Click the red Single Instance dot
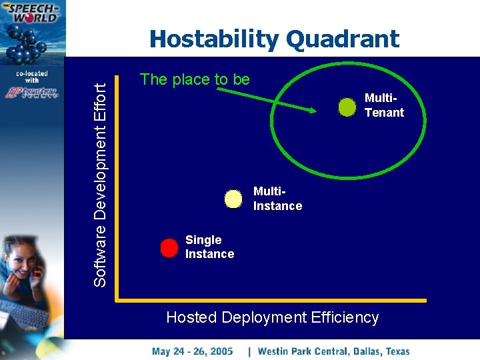(170, 247)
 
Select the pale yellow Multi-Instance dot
(233, 199)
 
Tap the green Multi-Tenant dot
(347, 107)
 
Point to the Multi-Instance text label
(277, 199)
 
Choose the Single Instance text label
(209, 247)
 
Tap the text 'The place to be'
(195, 79)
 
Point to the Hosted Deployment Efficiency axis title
(272, 317)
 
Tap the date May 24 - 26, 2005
(192, 351)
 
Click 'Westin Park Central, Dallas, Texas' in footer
(333, 351)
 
